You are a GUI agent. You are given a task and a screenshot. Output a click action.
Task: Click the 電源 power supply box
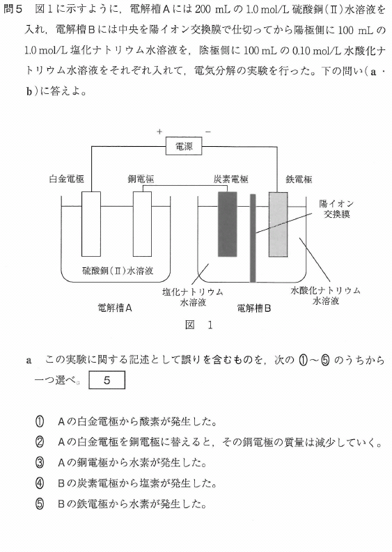184,146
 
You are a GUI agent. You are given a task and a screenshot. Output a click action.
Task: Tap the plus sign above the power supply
159,132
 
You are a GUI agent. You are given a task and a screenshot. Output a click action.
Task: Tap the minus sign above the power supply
207,132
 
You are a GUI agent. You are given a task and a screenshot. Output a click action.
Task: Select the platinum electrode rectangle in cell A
91,224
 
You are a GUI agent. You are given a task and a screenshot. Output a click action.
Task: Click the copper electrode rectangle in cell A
142,224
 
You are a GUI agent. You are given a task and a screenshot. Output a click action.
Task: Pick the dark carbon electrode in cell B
228,224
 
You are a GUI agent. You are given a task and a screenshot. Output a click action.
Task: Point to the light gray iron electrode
279,224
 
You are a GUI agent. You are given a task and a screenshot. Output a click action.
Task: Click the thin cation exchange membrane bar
253,238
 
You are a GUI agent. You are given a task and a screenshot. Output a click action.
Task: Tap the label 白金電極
67,179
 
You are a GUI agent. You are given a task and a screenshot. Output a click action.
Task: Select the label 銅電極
141,179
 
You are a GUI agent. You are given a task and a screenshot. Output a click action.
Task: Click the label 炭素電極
231,179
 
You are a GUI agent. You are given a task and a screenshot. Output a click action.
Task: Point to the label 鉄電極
299,179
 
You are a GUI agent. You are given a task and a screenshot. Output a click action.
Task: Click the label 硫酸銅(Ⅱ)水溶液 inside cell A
118,271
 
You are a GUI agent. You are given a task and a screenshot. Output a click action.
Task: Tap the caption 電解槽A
115,308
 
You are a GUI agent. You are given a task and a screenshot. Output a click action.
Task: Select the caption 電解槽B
254,308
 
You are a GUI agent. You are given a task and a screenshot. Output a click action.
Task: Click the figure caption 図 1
199,324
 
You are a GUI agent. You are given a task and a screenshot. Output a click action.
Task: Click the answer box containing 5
107,380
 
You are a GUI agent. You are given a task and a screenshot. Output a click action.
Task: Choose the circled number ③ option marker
40,463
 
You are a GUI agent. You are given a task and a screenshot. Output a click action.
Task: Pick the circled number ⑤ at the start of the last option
40,504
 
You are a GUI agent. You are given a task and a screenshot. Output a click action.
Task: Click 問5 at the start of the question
13,9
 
